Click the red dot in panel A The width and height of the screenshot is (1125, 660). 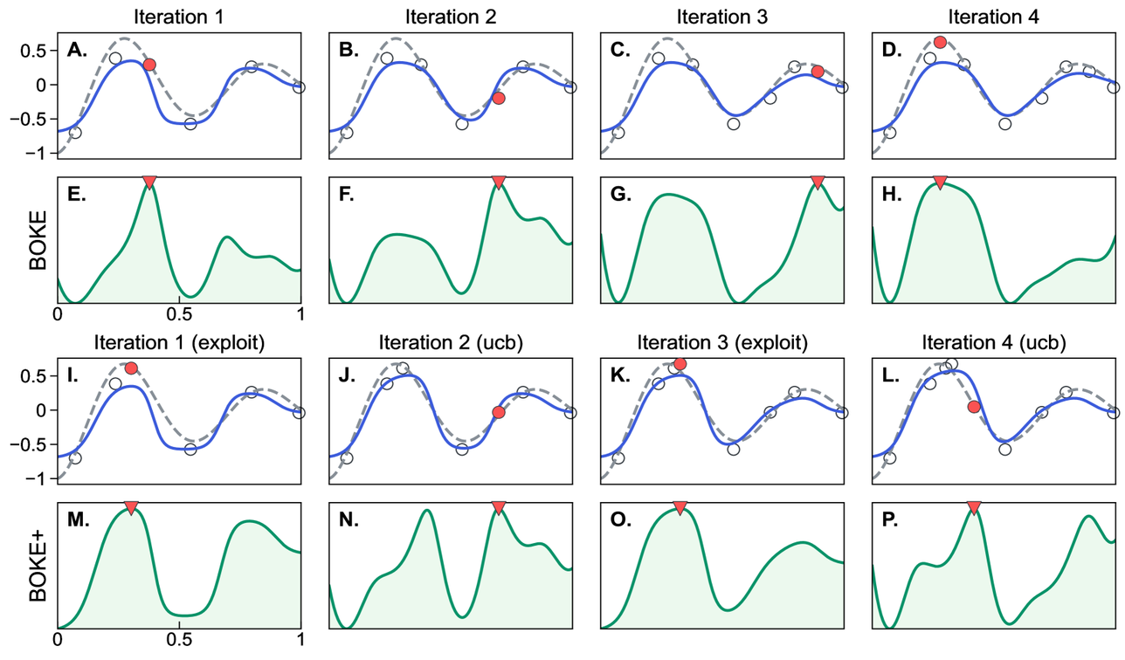tap(149, 65)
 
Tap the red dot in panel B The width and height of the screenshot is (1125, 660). tap(499, 98)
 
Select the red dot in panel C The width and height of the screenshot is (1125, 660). tap(818, 72)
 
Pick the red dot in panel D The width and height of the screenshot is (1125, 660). tap(940, 42)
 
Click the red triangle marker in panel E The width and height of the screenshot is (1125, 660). tap(149, 182)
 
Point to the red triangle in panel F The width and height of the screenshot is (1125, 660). tap(499, 182)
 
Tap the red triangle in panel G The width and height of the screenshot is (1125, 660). tap(818, 182)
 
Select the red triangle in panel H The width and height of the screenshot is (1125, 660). tap(940, 182)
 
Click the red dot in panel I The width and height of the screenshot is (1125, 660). tap(131, 368)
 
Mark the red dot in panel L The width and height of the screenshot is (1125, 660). tap(974, 406)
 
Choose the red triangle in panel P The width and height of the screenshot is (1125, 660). tap(974, 507)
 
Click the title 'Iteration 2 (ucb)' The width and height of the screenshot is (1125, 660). tap(450, 340)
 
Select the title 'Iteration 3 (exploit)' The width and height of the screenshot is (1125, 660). tap(722, 340)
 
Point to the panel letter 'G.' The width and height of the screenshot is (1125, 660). tap(620, 196)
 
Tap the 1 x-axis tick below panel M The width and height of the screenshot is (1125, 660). tap(300, 640)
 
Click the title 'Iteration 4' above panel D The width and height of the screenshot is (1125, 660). tap(994, 15)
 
